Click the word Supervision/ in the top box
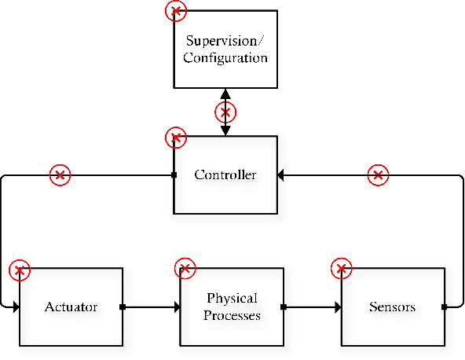click(x=225, y=40)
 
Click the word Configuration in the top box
click(x=225, y=58)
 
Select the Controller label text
click(x=225, y=174)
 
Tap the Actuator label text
click(x=71, y=307)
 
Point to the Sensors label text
click(x=392, y=307)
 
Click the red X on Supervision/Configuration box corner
click(x=177, y=10)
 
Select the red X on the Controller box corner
click(x=176, y=138)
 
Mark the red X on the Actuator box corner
click(x=20, y=271)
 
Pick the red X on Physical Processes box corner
click(x=184, y=268)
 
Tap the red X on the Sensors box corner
click(x=341, y=269)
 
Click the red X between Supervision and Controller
click(x=226, y=111)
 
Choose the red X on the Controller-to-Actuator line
click(x=60, y=175)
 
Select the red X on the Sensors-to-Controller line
click(x=379, y=174)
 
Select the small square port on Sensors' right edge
click(x=444, y=307)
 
